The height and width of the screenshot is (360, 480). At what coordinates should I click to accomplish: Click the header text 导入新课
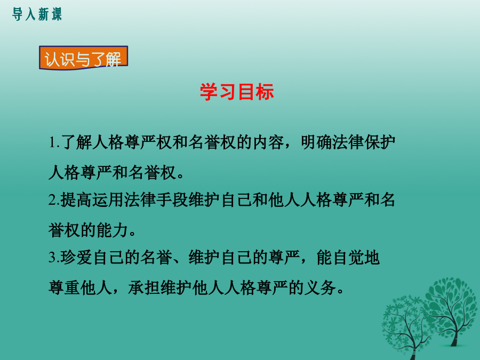37,14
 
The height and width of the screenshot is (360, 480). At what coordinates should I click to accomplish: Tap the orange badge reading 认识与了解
83,58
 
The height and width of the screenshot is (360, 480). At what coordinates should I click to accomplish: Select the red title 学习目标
237,92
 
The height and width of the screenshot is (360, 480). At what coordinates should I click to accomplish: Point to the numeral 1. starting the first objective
54,142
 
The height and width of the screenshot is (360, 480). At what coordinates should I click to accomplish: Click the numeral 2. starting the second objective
54,200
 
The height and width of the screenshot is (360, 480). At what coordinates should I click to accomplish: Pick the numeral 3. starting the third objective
54,258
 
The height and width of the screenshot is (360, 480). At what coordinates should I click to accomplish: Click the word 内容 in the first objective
268,142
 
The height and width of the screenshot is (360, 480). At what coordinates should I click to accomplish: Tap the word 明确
316,142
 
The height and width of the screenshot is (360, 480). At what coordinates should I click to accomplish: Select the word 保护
380,142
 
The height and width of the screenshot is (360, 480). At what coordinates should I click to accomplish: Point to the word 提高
76,200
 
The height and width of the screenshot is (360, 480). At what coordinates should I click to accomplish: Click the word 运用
108,200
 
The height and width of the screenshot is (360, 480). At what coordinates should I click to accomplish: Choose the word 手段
172,200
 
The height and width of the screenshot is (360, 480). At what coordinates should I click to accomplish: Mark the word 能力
112,230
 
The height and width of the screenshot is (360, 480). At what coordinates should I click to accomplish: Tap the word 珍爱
76,257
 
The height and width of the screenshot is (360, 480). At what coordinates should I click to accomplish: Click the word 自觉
348,257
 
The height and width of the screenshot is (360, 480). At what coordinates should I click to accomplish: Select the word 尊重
65,287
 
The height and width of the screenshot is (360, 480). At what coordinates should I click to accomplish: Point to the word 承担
144,287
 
